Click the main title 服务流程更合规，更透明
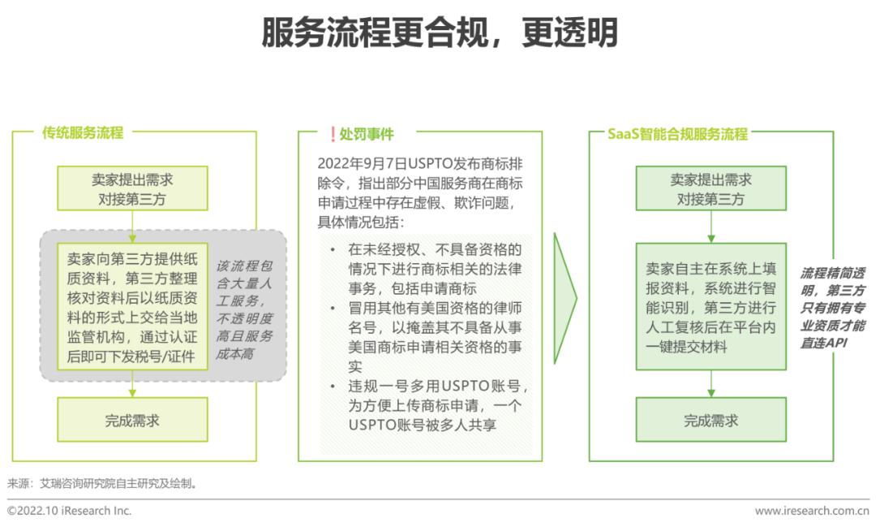click(x=440, y=32)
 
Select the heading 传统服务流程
click(x=83, y=132)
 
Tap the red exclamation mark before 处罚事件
click(x=333, y=134)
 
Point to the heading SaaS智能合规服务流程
click(x=677, y=134)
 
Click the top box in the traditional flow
click(x=132, y=188)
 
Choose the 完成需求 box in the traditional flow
click(x=132, y=420)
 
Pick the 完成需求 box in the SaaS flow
click(x=711, y=420)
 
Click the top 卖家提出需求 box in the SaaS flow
click(x=711, y=188)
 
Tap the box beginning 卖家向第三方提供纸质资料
click(x=132, y=307)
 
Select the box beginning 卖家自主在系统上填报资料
click(x=711, y=307)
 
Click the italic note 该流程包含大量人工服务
click(x=245, y=309)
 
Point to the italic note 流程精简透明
click(x=832, y=308)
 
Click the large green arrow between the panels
click(x=565, y=298)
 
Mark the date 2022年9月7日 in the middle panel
click(x=362, y=163)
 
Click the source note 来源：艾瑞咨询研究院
click(x=102, y=483)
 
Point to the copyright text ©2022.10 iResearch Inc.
click(x=69, y=511)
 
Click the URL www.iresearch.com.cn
click(x=812, y=511)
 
